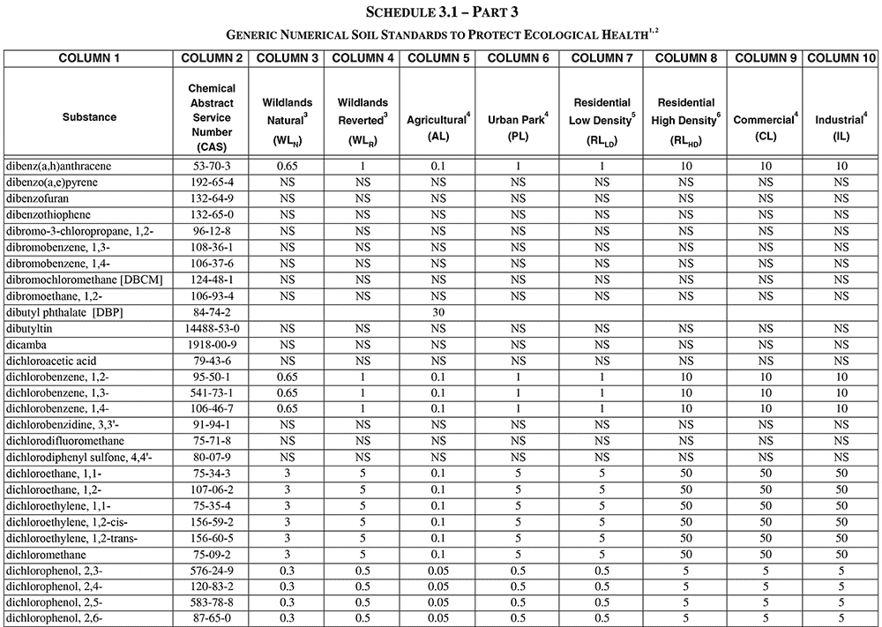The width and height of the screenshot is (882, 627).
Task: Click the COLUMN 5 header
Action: [437, 58]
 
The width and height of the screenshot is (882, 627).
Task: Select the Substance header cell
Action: [88, 116]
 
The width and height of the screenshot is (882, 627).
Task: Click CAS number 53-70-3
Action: [212, 166]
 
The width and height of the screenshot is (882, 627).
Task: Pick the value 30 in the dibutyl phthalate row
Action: [438, 312]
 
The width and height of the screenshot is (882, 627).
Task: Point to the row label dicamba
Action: [26, 345]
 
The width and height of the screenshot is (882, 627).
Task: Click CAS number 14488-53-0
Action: [212, 329]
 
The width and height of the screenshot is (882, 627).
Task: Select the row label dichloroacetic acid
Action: [50, 362]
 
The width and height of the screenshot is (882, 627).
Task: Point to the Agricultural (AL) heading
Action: [438, 125]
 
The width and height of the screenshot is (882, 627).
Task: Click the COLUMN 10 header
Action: [841, 58]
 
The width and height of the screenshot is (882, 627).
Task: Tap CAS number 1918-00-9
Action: [212, 345]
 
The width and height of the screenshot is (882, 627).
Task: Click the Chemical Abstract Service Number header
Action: [212, 116]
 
